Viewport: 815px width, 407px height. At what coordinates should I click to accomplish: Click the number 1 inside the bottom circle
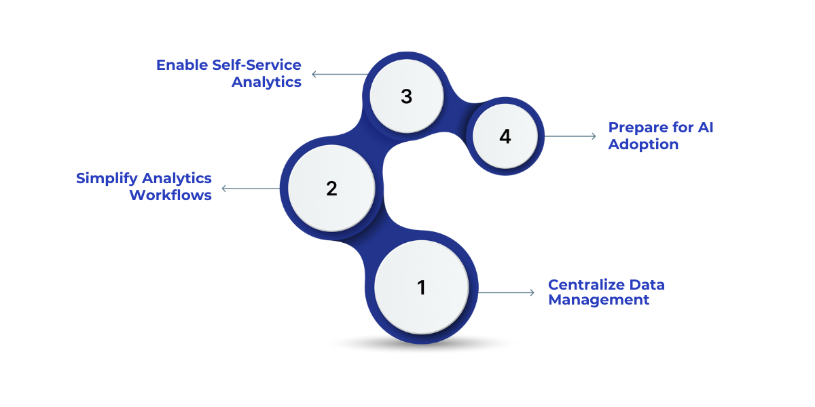(421, 288)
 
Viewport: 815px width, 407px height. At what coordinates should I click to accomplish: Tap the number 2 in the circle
(331, 189)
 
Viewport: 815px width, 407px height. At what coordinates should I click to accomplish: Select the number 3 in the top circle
(406, 96)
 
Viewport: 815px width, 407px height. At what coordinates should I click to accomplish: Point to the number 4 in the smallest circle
(505, 136)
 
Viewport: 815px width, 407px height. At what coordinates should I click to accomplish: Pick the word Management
(598, 300)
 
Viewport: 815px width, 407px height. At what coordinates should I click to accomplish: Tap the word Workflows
(170, 195)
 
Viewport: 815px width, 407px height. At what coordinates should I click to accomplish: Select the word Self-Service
(257, 65)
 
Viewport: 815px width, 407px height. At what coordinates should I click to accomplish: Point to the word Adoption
(642, 144)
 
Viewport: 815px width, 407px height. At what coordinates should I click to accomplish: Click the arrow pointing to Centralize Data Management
(507, 292)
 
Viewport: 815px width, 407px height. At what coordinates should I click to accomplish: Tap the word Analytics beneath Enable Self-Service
(266, 82)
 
